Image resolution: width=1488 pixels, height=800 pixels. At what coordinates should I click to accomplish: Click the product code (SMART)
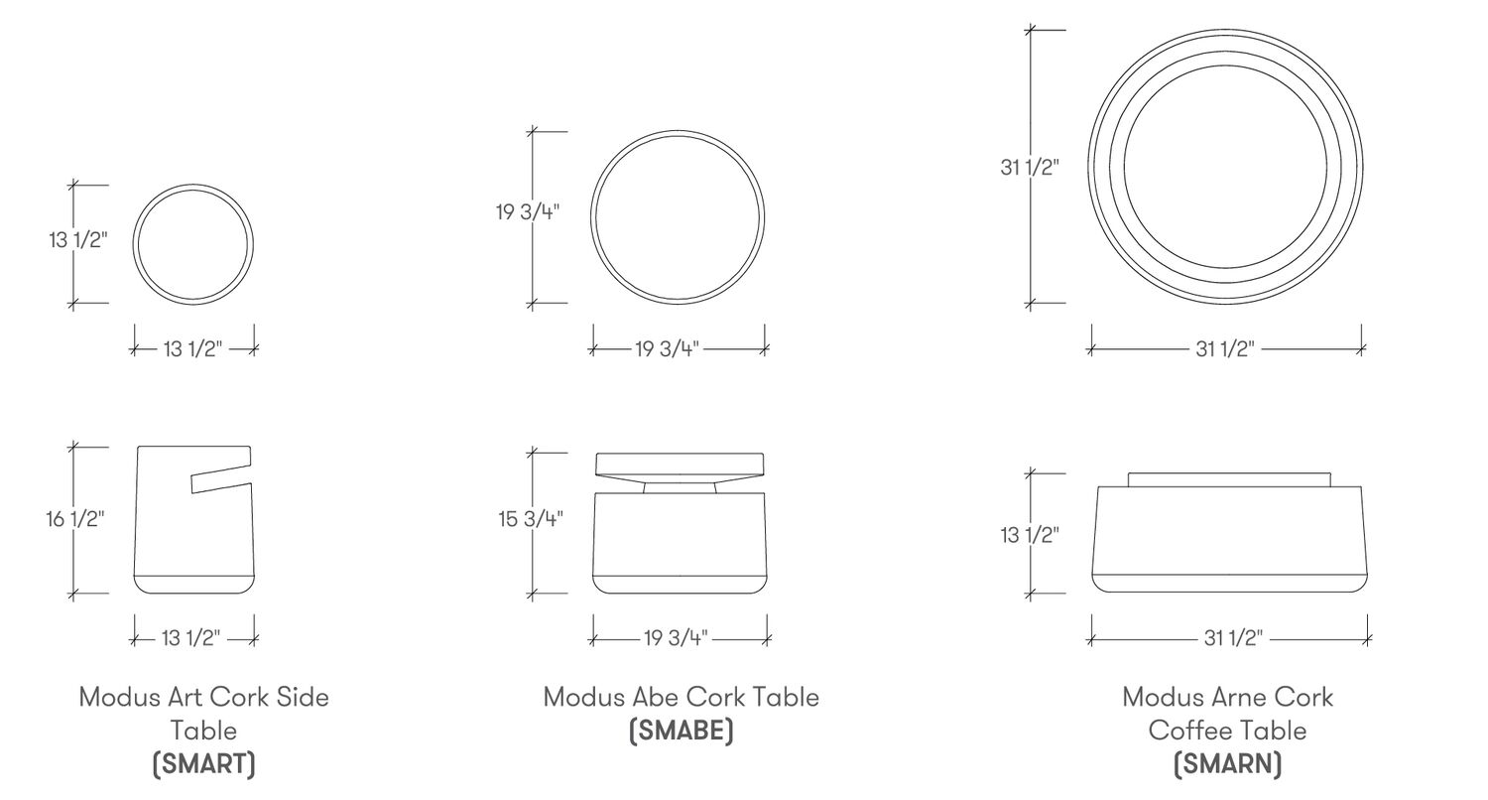[204, 764]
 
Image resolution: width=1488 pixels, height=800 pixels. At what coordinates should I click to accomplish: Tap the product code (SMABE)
[681, 731]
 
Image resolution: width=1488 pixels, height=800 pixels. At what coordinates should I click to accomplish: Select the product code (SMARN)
[1228, 764]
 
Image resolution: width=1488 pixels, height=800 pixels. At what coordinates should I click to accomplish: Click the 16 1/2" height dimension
[75, 518]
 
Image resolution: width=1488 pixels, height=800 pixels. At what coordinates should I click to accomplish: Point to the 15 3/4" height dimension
[531, 518]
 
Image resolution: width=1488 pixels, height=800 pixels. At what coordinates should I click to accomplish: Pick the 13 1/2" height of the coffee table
[1030, 535]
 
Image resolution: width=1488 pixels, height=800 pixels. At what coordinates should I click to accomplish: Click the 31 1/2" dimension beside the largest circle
[1030, 167]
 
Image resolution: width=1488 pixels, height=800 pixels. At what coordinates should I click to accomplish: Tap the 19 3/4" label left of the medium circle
[528, 212]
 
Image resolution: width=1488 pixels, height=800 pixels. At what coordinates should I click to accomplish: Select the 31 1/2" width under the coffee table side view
[1233, 638]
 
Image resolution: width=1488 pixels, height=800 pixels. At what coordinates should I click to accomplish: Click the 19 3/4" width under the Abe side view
[676, 638]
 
